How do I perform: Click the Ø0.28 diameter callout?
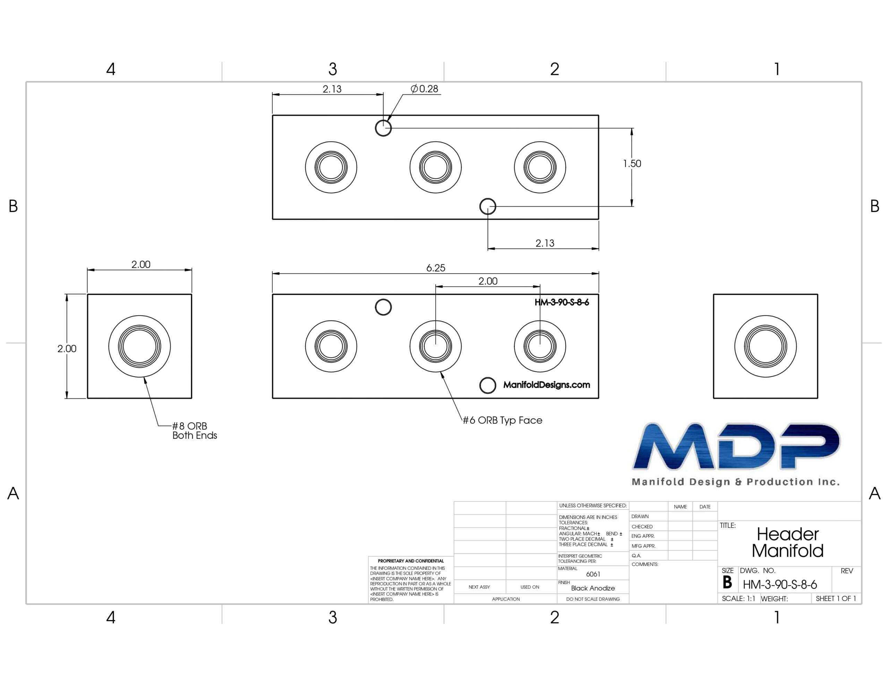point(425,89)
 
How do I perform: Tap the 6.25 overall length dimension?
point(435,268)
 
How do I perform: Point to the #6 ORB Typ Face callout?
point(503,420)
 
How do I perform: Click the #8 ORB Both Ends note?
point(194,431)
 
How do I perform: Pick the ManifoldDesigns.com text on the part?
point(546,385)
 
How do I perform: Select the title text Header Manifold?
point(787,542)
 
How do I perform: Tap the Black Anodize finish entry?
point(593,588)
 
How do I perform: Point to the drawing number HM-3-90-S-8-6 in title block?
point(780,585)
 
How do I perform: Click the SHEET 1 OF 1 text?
point(836,599)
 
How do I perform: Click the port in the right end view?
point(765,346)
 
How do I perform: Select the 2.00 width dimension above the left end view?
point(141,264)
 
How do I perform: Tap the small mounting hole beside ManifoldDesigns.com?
point(487,385)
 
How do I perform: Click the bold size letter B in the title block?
point(727,583)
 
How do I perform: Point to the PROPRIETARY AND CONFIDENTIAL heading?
point(411,561)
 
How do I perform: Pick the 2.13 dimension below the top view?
point(545,243)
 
